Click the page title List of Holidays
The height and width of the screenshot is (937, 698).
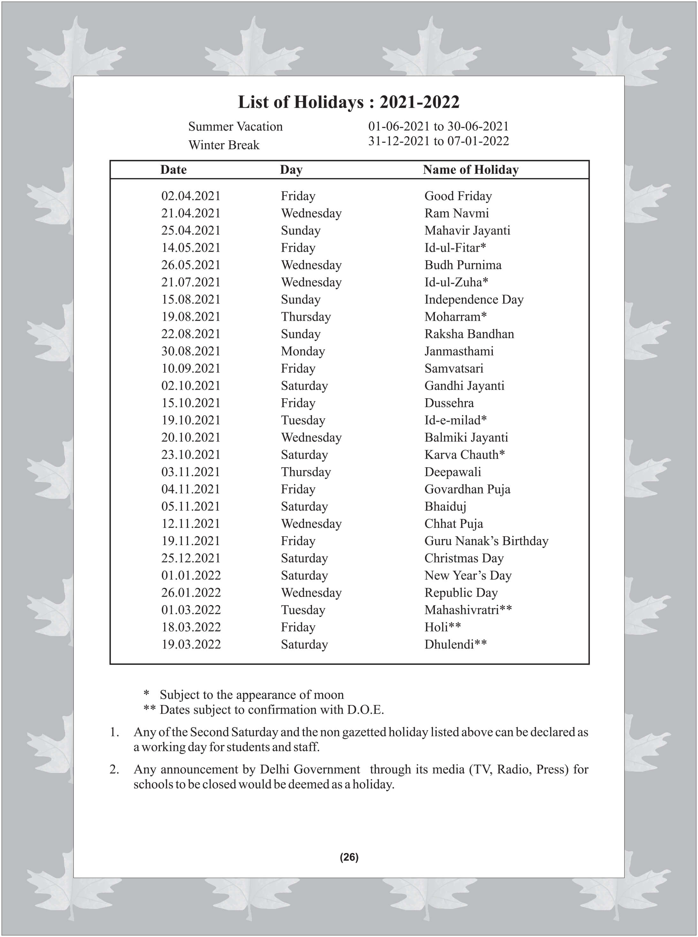click(x=349, y=102)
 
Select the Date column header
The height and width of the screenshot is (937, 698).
click(x=173, y=170)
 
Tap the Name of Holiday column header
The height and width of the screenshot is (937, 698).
click(x=470, y=170)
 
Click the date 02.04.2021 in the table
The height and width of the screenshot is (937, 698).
click(x=191, y=196)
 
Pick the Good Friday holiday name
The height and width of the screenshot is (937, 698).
click(x=458, y=196)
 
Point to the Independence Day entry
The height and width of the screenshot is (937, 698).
click(x=474, y=299)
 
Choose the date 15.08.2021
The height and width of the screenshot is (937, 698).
click(x=191, y=299)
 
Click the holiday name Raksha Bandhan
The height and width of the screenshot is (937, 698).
click(x=469, y=334)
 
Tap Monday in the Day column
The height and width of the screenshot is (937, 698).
click(x=303, y=351)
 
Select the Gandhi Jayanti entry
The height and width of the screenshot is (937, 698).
click(x=464, y=386)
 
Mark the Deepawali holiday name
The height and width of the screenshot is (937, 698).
click(x=452, y=472)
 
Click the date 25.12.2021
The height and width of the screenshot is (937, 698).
click(x=191, y=558)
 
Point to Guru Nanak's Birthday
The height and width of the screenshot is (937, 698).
click(x=486, y=541)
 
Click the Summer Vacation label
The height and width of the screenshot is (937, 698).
click(x=235, y=126)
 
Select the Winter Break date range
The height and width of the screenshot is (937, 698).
click(x=438, y=141)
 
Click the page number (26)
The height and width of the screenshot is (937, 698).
click(x=349, y=857)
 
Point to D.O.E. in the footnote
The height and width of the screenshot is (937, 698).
click(x=365, y=710)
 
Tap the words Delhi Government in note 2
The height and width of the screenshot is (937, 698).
click(x=310, y=769)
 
